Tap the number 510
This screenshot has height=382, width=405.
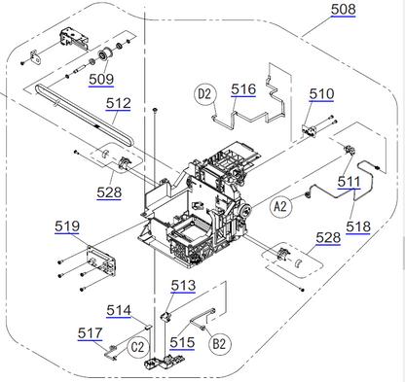[321, 93]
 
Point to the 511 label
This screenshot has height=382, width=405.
[349, 181]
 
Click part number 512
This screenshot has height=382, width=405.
[119, 102]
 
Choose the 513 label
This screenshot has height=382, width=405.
[183, 285]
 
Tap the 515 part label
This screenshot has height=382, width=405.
[181, 342]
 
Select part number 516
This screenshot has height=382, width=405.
[243, 88]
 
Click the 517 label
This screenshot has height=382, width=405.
[90, 332]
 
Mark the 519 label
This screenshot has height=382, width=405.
[67, 226]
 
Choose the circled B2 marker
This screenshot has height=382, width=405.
[220, 342]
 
